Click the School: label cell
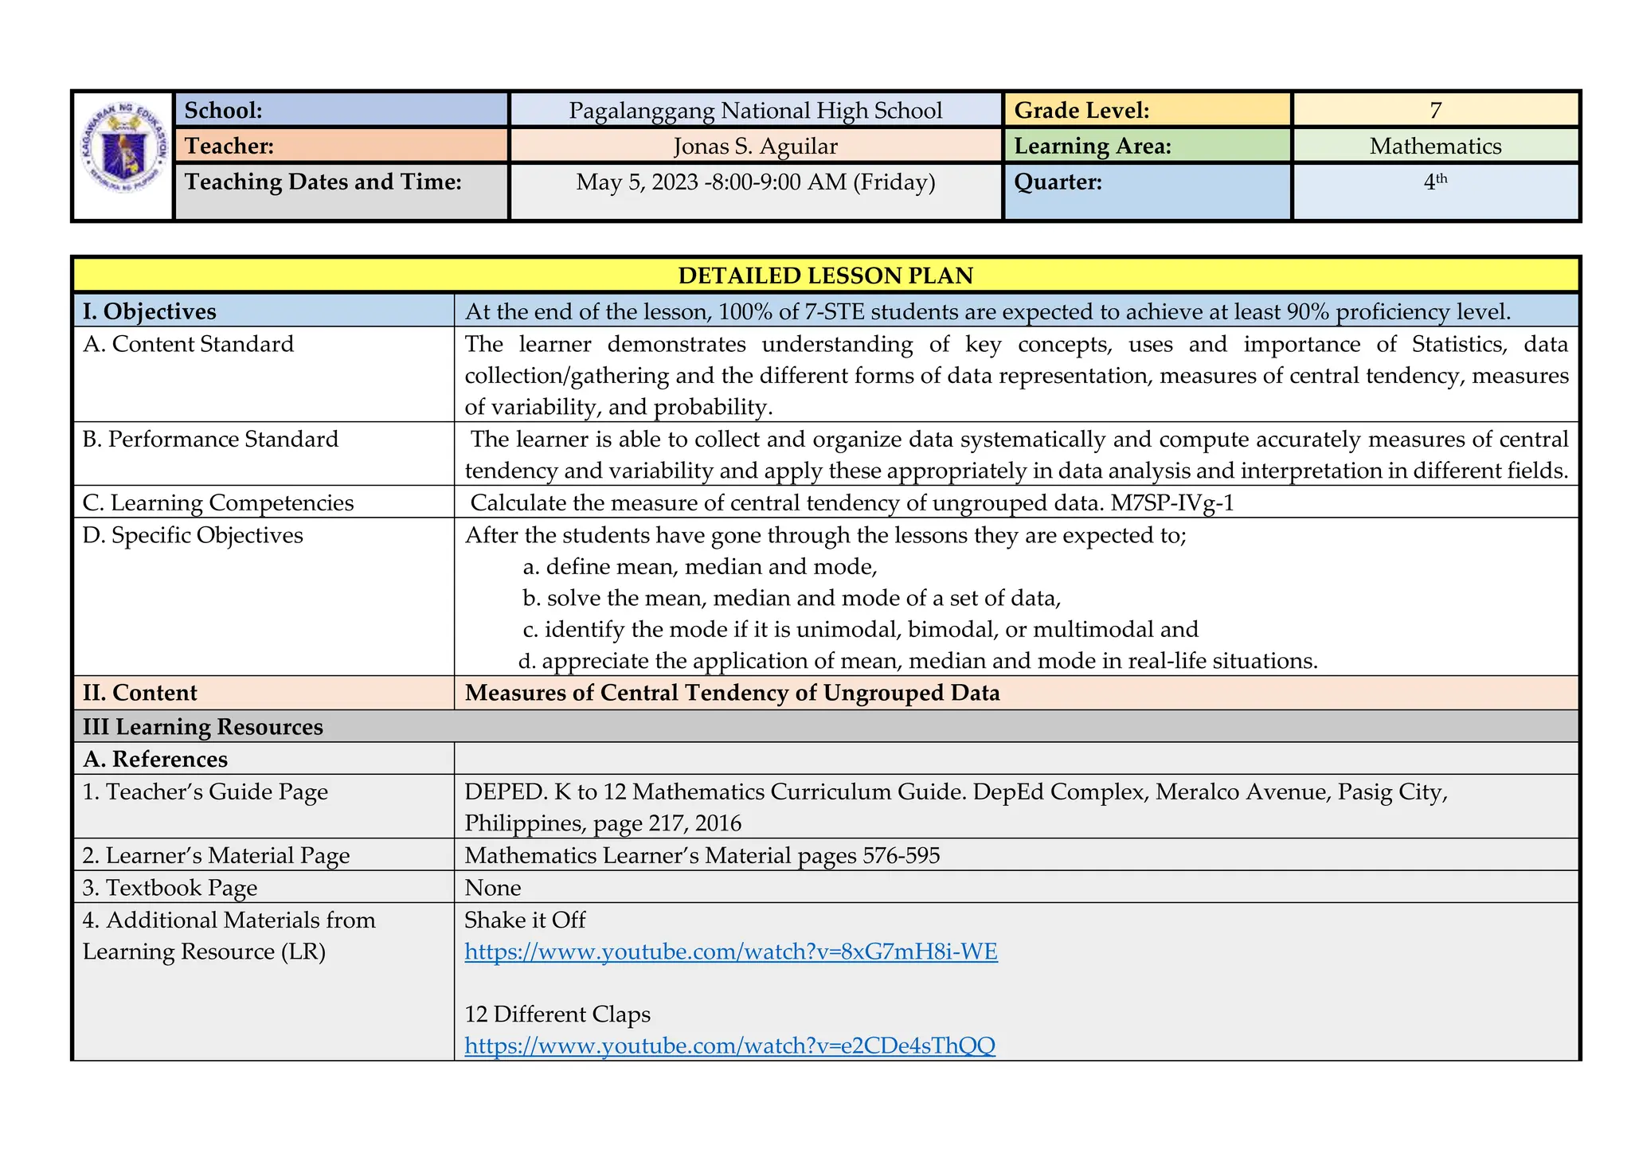pyautogui.click(x=341, y=110)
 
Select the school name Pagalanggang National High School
pyautogui.click(x=755, y=110)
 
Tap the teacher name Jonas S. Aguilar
pyautogui.click(x=755, y=147)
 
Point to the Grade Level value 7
pyautogui.click(x=1435, y=110)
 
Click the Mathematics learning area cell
pyautogui.click(x=1435, y=147)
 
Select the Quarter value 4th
pyautogui.click(x=1435, y=182)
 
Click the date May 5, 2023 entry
pyautogui.click(x=755, y=182)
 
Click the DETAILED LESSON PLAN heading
pyautogui.click(x=825, y=276)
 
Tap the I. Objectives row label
pyautogui.click(x=150, y=311)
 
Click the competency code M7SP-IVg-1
pyautogui.click(x=1172, y=503)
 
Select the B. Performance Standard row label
pyautogui.click(x=210, y=440)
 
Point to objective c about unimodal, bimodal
pyautogui.click(x=860, y=630)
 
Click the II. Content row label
pyautogui.click(x=140, y=693)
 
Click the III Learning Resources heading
pyautogui.click(x=203, y=727)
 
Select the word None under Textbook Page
pyautogui.click(x=492, y=888)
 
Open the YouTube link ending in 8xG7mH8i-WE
pyautogui.click(x=730, y=952)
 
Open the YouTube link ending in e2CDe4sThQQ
pyautogui.click(x=729, y=1046)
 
